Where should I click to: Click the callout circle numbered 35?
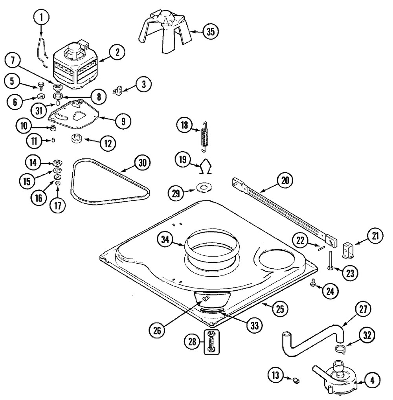(211, 32)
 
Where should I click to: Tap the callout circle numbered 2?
(117, 53)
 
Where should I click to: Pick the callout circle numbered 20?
(285, 181)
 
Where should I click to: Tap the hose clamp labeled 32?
(340, 349)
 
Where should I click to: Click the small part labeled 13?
(297, 381)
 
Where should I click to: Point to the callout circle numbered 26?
(157, 331)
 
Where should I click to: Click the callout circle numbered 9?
(123, 121)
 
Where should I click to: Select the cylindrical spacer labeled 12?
(76, 139)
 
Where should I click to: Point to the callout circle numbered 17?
(58, 206)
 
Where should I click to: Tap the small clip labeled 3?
(118, 90)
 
